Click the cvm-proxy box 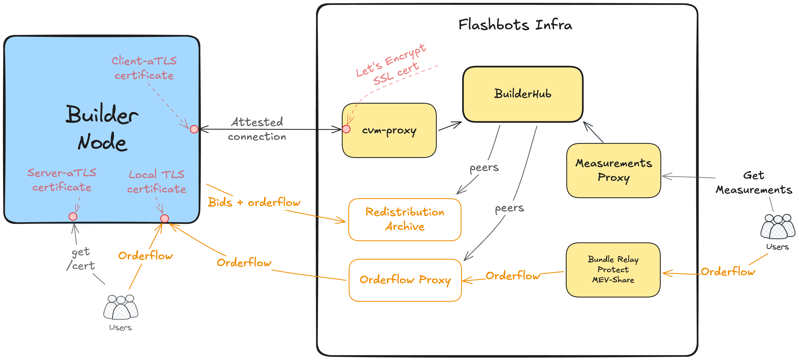389,130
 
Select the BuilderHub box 523,94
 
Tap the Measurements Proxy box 614,170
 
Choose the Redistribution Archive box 405,219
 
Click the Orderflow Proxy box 405,280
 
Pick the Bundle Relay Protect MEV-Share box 613,270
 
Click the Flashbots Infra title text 515,25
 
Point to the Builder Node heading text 102,128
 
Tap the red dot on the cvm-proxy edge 346,129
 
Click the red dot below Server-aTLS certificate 73,216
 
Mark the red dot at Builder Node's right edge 194,129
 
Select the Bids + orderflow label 254,202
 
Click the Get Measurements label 754,183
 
